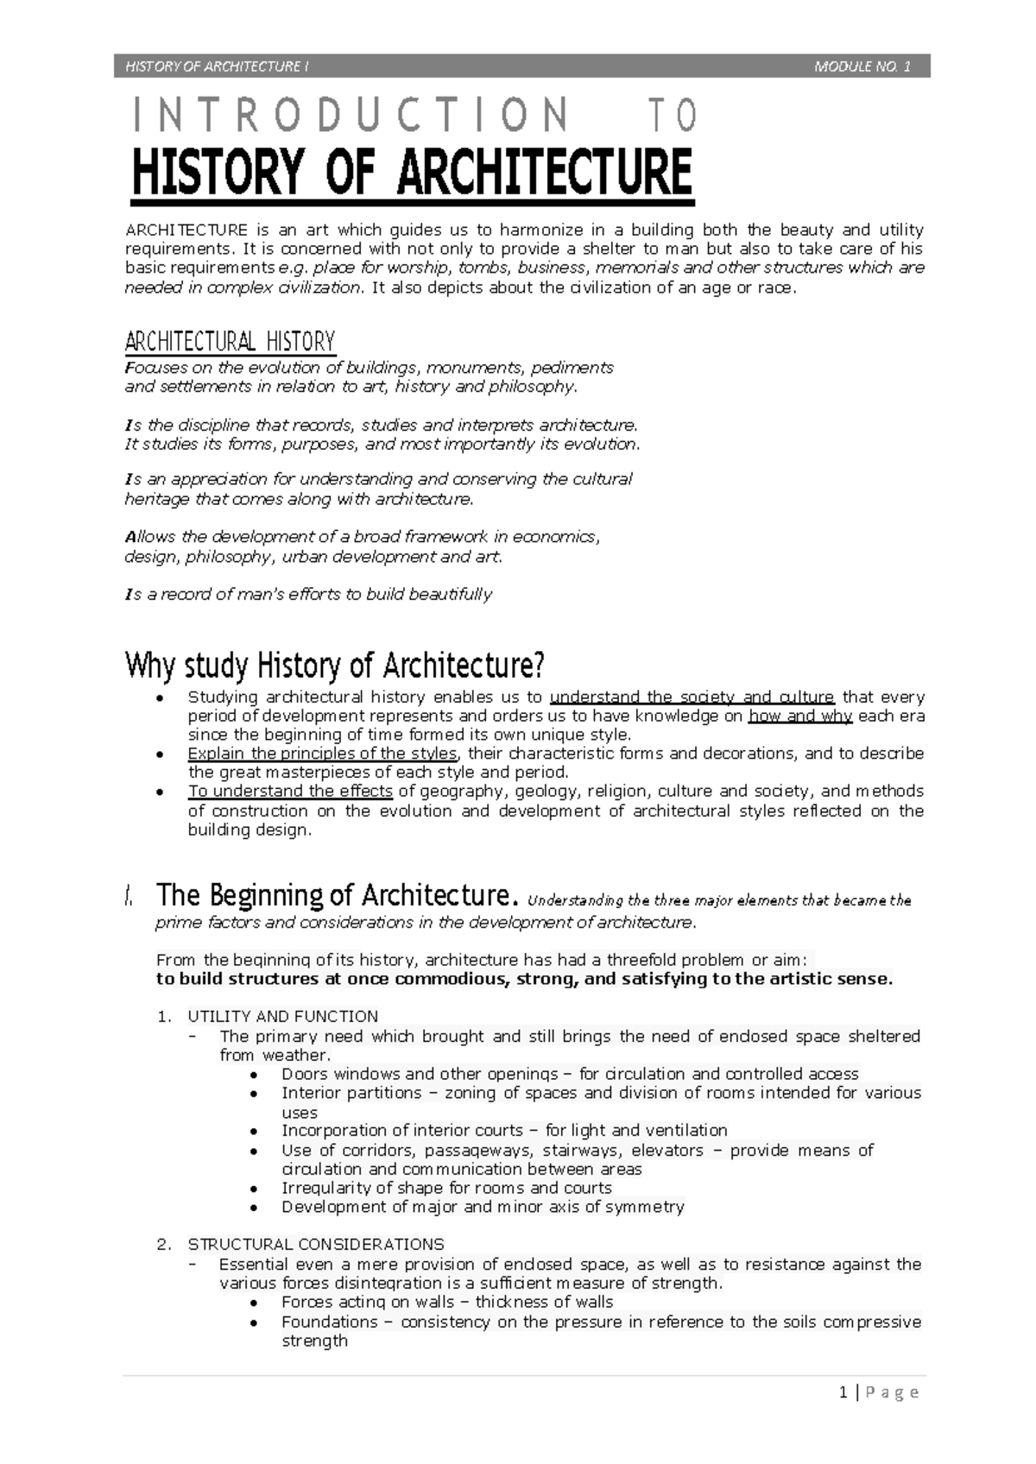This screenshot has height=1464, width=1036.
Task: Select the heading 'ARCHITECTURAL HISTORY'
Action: click(230, 342)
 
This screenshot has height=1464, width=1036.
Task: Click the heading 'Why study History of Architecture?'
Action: click(335, 666)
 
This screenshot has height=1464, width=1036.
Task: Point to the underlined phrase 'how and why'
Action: click(800, 716)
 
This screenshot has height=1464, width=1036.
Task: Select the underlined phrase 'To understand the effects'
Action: click(291, 792)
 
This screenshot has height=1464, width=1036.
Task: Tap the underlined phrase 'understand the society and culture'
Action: click(692, 697)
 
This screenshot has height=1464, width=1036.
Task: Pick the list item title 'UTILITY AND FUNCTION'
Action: click(283, 1017)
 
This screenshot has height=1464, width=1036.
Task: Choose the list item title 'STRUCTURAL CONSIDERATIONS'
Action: click(316, 1245)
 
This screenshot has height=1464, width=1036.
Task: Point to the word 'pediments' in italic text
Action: click(572, 368)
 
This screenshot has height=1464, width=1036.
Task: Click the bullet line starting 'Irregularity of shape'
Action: click(446, 1189)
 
